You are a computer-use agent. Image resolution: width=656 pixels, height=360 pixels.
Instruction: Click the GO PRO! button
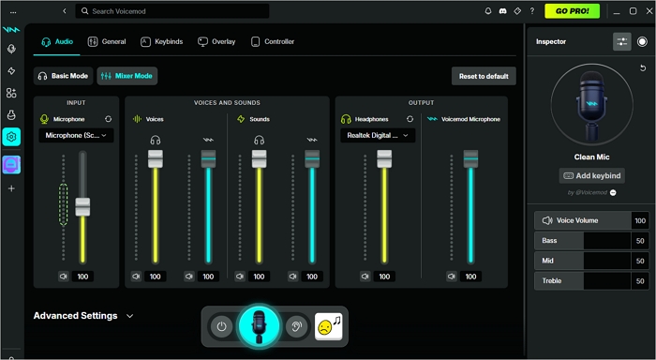pos(572,11)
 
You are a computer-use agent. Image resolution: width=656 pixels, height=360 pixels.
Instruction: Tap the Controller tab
pos(273,42)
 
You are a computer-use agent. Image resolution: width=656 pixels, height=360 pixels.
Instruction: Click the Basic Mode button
pos(63,75)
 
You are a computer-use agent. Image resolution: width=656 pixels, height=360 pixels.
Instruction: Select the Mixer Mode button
pos(127,75)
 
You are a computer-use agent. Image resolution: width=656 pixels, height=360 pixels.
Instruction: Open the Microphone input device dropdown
pos(77,135)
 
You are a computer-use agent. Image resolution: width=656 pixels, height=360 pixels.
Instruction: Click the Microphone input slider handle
pos(82,206)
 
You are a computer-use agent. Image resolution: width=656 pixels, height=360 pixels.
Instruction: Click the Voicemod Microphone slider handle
pos(470,159)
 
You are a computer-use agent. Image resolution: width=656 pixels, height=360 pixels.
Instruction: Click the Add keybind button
pos(591,175)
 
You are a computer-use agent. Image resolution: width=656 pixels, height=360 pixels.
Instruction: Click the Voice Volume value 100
pos(640,221)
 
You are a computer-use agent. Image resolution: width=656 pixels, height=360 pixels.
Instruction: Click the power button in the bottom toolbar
pos(221,326)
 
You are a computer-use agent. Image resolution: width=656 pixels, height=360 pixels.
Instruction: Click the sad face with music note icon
pos(328,326)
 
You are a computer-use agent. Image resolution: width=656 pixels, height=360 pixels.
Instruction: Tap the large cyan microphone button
pos(260,326)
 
